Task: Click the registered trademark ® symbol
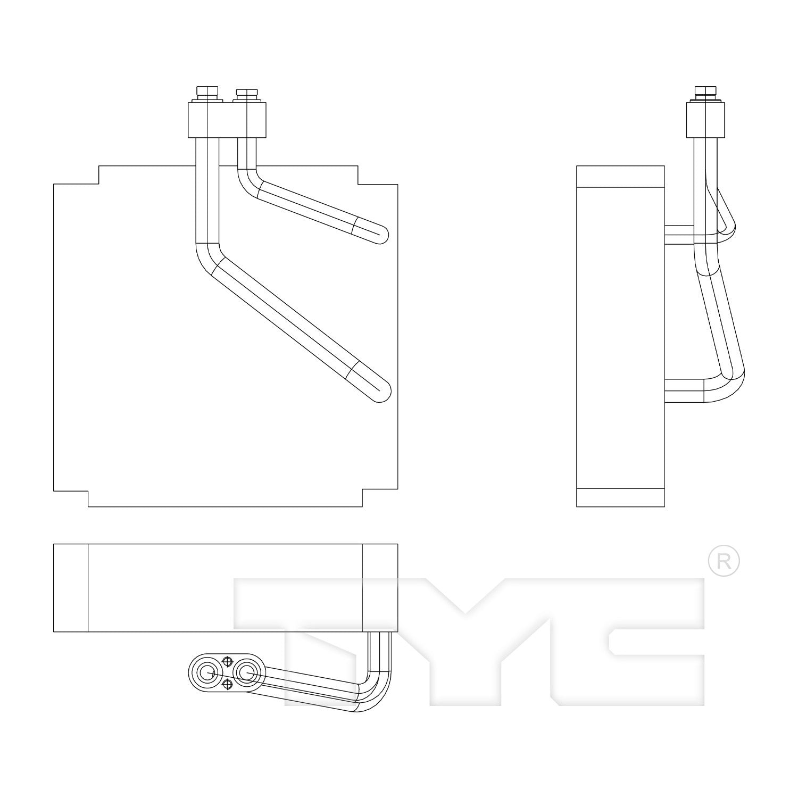tap(724, 560)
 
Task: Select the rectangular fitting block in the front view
tap(227, 120)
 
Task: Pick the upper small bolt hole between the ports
tap(227, 661)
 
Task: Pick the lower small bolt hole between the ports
tap(227, 685)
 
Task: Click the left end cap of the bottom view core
tap(71, 588)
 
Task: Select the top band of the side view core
tap(620, 177)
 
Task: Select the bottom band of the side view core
tap(620, 497)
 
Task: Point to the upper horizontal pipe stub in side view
tap(679, 235)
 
